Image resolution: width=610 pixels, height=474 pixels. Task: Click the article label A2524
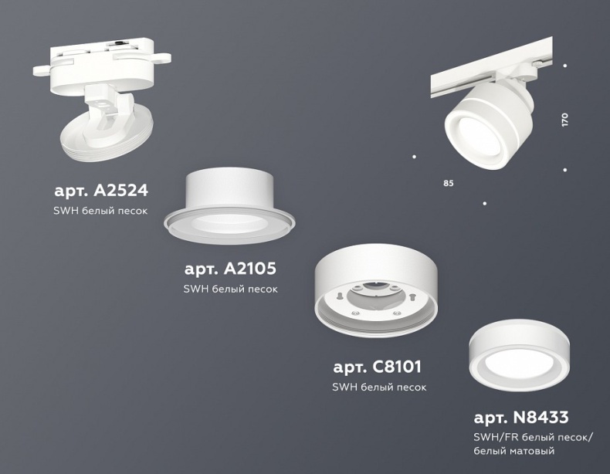pos(101,189)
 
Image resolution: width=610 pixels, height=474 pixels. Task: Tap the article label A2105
pos(230,269)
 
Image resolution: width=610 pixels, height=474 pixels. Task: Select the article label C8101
pos(377,367)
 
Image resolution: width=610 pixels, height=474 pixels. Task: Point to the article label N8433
pos(521,419)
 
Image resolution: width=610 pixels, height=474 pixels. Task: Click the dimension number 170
pos(565,120)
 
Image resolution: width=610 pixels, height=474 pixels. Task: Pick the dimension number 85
pos(449,184)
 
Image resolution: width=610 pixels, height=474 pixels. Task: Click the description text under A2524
pos(101,210)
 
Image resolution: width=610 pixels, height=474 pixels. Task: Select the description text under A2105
pos(230,289)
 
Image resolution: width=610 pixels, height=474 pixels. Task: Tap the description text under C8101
pos(378,387)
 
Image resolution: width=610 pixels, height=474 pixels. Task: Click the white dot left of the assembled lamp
pos(415,157)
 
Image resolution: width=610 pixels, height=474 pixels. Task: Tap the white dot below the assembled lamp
pos(484,204)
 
